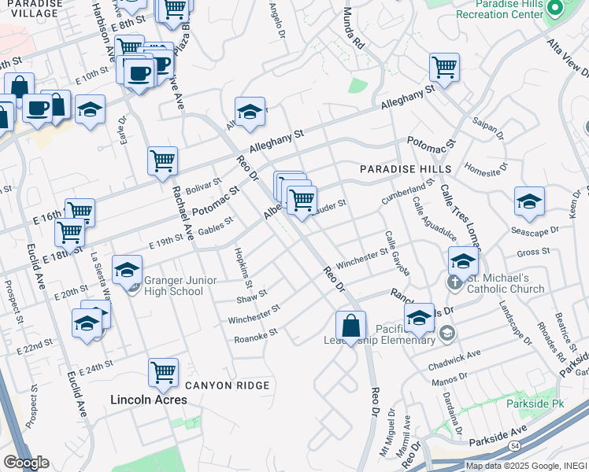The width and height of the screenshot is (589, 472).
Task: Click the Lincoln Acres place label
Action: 148,400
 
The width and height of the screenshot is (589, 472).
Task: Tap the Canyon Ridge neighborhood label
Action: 227,385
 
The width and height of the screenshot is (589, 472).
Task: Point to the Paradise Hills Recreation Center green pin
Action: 554,9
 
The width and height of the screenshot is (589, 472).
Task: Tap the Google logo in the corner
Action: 26,463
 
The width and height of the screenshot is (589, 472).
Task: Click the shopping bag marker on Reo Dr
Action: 350,325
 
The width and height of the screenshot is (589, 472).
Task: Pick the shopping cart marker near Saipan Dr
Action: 444,67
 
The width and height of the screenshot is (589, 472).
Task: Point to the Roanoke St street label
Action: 256,337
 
